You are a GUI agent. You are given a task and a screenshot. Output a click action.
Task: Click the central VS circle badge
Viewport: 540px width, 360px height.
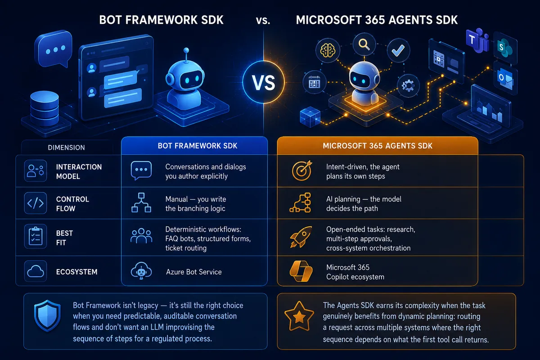[264, 82]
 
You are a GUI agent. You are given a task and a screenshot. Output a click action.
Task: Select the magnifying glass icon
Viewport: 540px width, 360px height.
[364, 44]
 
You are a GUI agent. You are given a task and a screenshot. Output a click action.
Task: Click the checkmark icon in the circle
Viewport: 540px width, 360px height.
[398, 50]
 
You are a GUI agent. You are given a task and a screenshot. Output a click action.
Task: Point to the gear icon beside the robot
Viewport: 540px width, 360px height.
[408, 85]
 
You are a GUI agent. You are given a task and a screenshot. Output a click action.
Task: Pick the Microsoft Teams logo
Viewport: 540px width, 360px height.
[477, 40]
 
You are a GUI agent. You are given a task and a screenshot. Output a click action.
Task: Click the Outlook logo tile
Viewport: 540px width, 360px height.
[505, 78]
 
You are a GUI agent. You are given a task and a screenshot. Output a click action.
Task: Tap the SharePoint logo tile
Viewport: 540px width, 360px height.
[505, 48]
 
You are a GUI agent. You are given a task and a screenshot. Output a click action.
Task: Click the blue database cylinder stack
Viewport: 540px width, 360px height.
[45, 108]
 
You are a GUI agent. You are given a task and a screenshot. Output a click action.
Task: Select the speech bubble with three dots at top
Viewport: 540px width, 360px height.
[54, 49]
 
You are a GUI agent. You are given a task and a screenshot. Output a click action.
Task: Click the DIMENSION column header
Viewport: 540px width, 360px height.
[66, 147]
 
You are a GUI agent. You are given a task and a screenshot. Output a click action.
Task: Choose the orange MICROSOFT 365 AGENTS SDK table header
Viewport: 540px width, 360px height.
[378, 146]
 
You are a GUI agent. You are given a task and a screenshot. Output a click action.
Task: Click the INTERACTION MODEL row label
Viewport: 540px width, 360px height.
[79, 171]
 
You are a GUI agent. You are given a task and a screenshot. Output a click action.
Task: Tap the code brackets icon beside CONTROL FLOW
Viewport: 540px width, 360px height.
[36, 203]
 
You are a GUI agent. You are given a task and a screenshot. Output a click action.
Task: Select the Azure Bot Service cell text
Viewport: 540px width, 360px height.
[194, 272]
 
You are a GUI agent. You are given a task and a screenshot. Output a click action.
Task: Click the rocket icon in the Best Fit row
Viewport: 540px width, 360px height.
[301, 237]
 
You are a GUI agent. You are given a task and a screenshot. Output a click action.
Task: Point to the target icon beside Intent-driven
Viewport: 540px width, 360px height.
[302, 171]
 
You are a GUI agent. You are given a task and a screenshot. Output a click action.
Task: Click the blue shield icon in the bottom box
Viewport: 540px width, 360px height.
[47, 315]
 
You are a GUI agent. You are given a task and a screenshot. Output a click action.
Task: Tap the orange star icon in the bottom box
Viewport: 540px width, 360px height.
[299, 316]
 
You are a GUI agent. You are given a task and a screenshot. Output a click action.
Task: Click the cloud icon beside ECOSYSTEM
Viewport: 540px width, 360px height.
[36, 271]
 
